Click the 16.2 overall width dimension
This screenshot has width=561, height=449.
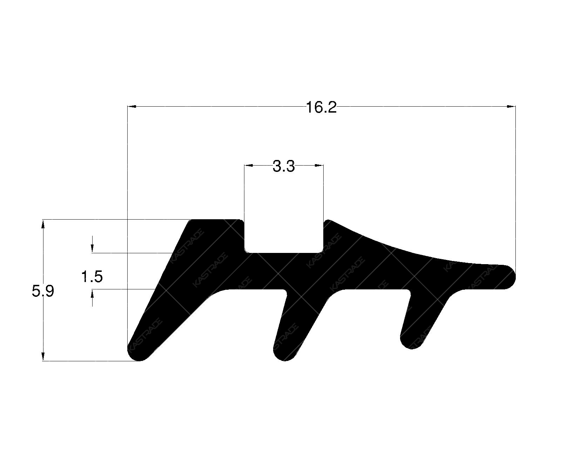click(x=321, y=107)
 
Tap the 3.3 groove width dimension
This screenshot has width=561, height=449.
click(x=284, y=166)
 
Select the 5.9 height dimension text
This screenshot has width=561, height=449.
click(x=43, y=291)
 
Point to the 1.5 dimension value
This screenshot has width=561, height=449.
click(x=92, y=277)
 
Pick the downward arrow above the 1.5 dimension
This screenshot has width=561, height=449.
click(x=92, y=249)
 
